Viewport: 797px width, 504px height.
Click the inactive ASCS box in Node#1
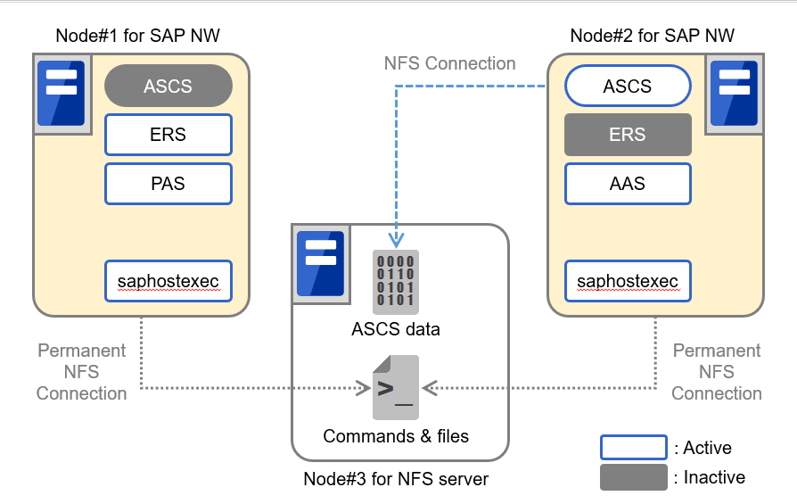coord(168,87)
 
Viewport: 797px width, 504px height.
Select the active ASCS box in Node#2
coord(628,87)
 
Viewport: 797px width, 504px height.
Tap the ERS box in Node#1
coord(168,135)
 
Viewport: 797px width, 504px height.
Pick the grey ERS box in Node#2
coord(628,135)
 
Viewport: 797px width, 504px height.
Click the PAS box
coord(168,183)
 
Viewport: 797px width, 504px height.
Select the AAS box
coord(628,183)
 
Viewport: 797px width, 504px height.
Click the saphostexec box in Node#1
coord(168,282)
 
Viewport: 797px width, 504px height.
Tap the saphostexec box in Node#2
coord(628,282)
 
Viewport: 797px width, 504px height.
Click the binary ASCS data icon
coord(395,280)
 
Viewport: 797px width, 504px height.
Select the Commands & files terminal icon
coord(395,387)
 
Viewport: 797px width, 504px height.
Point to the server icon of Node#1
coord(61,93)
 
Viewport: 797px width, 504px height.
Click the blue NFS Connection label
coord(449,63)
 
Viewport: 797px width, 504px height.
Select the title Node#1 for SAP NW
coord(137,36)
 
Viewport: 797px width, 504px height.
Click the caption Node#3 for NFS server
coord(396,479)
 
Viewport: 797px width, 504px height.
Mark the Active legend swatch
coord(633,447)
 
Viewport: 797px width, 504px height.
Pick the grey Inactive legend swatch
coord(633,476)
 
